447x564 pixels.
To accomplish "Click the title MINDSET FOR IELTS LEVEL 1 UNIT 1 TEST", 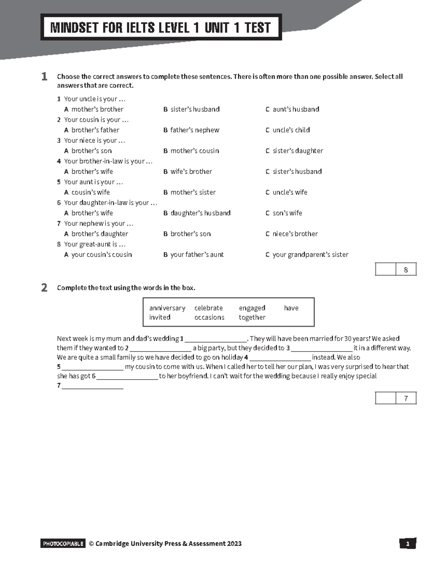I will click(161, 28).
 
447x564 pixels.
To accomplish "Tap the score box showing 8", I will click(396, 270).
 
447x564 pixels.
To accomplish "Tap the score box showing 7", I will click(396, 398).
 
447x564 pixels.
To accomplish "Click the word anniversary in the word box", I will click(167, 308).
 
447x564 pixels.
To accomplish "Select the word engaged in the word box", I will click(252, 308).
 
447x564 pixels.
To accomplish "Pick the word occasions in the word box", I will click(209, 317).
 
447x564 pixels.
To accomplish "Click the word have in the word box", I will click(291, 308).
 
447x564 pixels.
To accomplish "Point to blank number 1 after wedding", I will click(216, 339).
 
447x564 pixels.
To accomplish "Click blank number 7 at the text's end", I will click(92, 386).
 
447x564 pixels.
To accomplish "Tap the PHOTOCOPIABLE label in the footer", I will click(63, 544).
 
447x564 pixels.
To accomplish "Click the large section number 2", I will click(44, 288).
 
